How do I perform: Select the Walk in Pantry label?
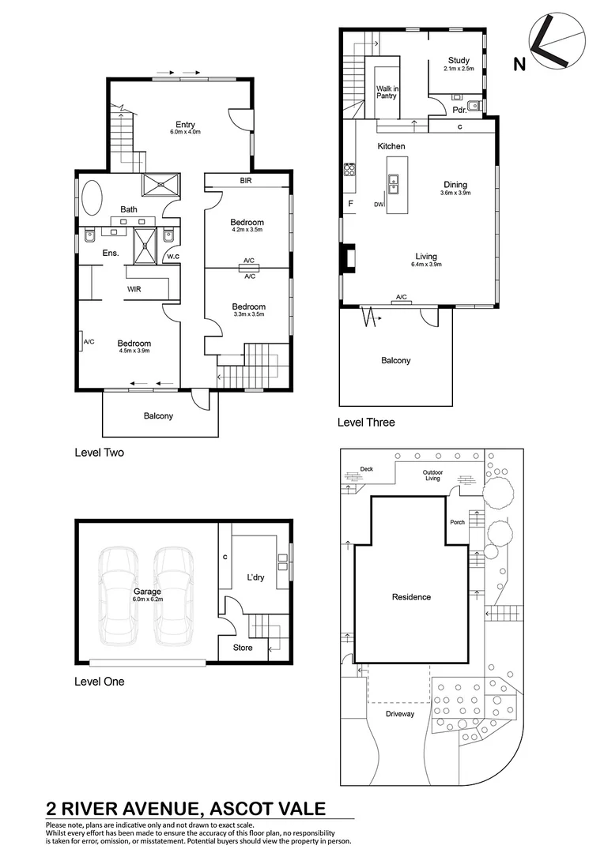click(387, 92)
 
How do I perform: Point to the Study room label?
click(459, 60)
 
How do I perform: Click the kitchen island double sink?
click(392, 185)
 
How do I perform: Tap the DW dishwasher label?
click(379, 205)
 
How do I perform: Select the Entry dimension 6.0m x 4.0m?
click(185, 133)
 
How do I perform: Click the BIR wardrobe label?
click(247, 182)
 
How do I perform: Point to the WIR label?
click(135, 289)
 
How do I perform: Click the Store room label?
click(243, 648)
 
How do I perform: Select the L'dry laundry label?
click(255, 578)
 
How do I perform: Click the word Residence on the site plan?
click(411, 597)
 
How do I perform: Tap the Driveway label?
click(399, 714)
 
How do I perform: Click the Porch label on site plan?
click(457, 521)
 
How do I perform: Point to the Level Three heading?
click(365, 423)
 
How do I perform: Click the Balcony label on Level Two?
click(158, 416)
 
